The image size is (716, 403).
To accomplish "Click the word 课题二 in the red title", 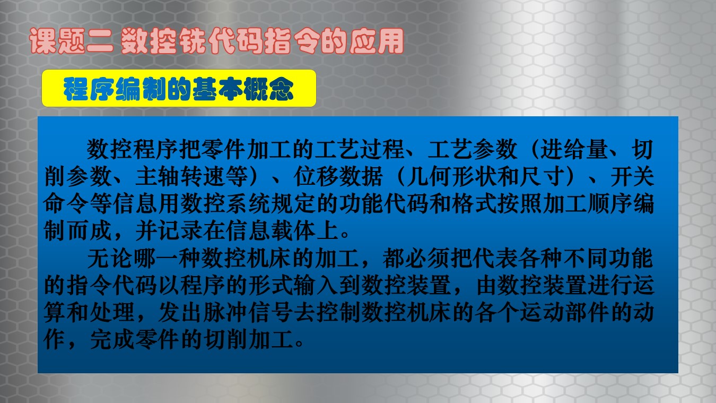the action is pyautogui.click(x=71, y=41).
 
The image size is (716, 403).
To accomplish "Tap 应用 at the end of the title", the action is pyautogui.click(x=377, y=41).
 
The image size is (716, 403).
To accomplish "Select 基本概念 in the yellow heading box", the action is pyautogui.click(x=243, y=89).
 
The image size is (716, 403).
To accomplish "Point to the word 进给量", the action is pyautogui.click(x=574, y=150).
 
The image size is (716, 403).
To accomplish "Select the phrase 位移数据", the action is pyautogui.click(x=338, y=177).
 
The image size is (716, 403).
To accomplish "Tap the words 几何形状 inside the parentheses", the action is pyautogui.click(x=451, y=177).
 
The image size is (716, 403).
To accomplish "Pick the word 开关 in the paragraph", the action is pyautogui.click(x=632, y=177).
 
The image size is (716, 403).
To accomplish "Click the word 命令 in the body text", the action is pyautogui.click(x=66, y=204).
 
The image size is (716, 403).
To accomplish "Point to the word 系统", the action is pyautogui.click(x=248, y=204).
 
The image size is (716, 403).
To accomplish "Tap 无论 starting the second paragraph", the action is pyautogui.click(x=110, y=259).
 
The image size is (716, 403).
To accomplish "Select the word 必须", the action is pyautogui.click(x=429, y=259).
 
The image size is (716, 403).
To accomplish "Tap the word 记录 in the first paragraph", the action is pyautogui.click(x=180, y=231).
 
